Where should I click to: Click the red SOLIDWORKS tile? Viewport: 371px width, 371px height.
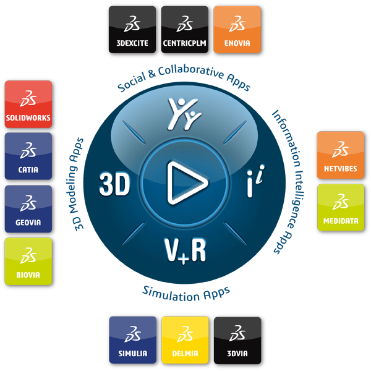[x=28, y=104]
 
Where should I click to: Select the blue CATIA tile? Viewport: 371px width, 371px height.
[x=28, y=157]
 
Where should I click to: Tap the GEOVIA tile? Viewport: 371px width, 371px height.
[x=28, y=210]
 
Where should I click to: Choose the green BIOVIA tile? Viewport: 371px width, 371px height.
[x=28, y=263]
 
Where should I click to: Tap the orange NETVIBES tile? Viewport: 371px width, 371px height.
[x=340, y=155]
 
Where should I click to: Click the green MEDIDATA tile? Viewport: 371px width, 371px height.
[x=340, y=208]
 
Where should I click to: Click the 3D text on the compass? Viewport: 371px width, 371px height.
[x=114, y=184]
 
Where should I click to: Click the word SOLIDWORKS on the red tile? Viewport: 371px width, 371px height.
[x=28, y=117]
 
